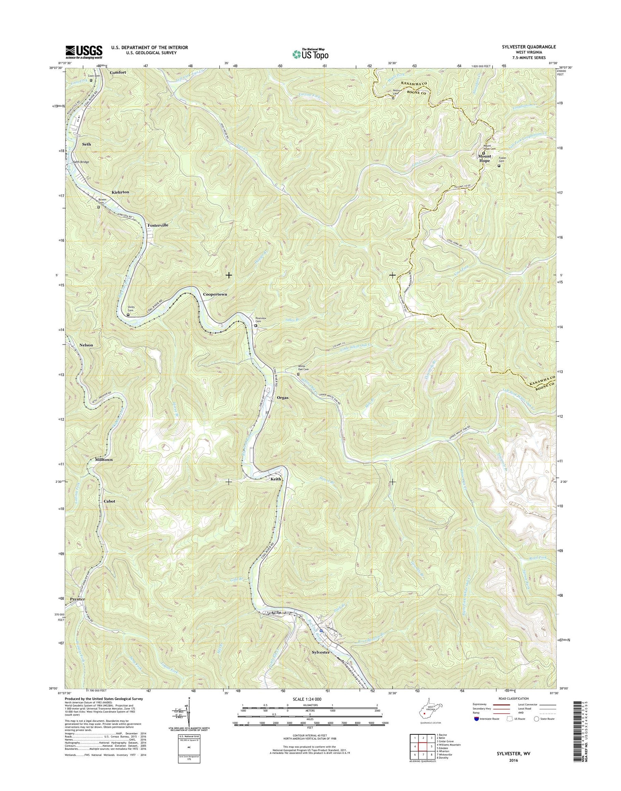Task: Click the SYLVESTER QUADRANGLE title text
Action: tap(526, 47)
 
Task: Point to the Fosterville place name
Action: tap(158, 225)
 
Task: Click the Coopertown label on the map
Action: tap(215, 294)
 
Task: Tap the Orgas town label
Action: tap(282, 398)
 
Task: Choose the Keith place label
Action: tap(276, 479)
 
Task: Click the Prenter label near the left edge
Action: tap(77, 599)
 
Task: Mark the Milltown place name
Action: tap(103, 460)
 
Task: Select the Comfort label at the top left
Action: tap(118, 72)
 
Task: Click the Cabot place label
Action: tap(109, 501)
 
